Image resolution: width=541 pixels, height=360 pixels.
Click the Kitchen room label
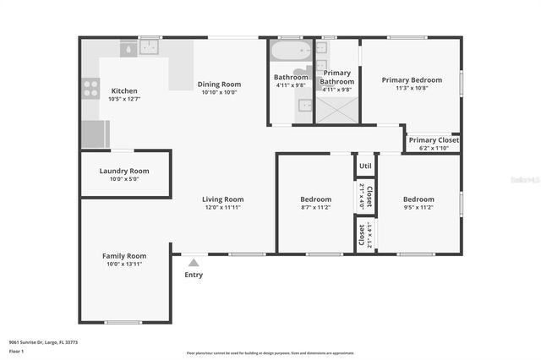(x=123, y=91)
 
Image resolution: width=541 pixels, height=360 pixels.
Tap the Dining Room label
(x=219, y=85)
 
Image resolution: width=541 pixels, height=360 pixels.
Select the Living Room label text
(x=222, y=199)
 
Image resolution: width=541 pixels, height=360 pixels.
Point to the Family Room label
(x=124, y=256)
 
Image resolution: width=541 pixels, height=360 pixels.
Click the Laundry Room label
(x=124, y=171)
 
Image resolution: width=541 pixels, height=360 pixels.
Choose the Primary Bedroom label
(x=411, y=80)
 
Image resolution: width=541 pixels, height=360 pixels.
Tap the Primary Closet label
(x=434, y=140)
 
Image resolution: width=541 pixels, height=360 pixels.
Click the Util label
(x=365, y=166)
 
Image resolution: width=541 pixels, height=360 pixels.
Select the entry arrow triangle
(x=194, y=263)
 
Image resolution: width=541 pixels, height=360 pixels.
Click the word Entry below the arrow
(x=194, y=275)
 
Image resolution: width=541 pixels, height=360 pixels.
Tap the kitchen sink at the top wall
(x=150, y=48)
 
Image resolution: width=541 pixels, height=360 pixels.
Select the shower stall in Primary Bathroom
(x=336, y=109)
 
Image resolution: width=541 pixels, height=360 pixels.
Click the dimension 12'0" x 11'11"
(x=222, y=207)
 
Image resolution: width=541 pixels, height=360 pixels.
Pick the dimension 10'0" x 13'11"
(x=124, y=265)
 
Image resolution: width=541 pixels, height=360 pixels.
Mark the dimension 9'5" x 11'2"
(x=418, y=207)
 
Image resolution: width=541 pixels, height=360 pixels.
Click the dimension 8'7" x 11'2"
(x=315, y=207)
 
